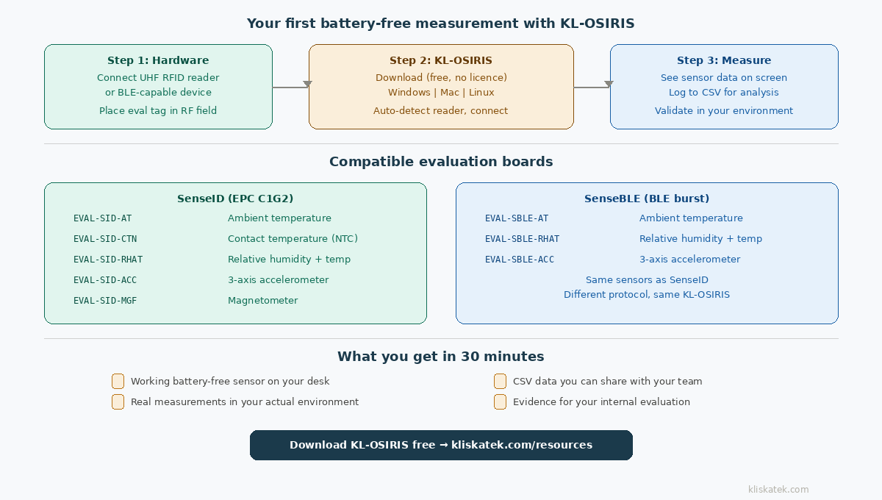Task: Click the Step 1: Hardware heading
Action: (x=158, y=60)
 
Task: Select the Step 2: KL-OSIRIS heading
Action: (x=441, y=60)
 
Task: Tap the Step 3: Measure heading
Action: (x=724, y=60)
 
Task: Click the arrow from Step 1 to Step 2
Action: (x=290, y=87)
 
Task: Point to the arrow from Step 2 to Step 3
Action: (x=592, y=87)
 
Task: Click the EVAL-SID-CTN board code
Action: (x=105, y=239)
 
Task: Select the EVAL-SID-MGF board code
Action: (x=105, y=301)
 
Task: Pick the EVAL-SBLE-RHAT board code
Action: (x=522, y=239)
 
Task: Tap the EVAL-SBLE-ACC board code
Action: (x=520, y=260)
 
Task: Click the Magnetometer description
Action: (x=262, y=301)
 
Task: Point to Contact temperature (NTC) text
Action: (x=293, y=239)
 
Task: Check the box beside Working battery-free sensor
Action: (x=118, y=381)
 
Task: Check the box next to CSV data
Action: (x=500, y=381)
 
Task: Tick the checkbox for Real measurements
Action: (x=118, y=401)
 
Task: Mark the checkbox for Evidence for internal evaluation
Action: (x=500, y=401)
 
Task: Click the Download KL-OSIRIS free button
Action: (x=441, y=445)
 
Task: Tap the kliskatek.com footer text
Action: (x=778, y=489)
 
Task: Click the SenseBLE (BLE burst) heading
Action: (x=647, y=199)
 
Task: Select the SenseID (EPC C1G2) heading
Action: (x=235, y=199)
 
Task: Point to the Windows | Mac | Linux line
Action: (x=441, y=93)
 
